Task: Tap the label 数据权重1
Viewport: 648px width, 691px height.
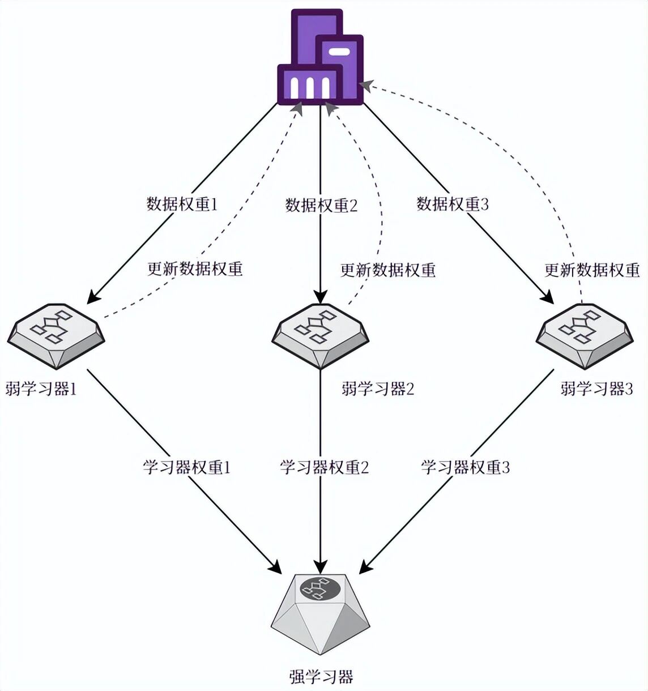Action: click(x=182, y=204)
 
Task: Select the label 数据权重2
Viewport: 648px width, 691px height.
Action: click(x=321, y=205)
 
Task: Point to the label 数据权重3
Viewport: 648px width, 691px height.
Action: click(x=453, y=204)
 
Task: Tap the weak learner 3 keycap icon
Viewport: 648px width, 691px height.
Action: click(x=585, y=335)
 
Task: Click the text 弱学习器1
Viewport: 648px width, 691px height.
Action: click(x=41, y=389)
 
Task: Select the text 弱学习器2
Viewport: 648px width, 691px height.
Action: click(x=378, y=389)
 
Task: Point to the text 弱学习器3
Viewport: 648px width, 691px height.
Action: click(x=596, y=389)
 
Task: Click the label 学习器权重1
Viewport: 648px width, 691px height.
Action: click(x=187, y=467)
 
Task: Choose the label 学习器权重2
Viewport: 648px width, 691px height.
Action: click(x=325, y=467)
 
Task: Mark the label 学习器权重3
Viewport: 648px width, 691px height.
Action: click(x=466, y=467)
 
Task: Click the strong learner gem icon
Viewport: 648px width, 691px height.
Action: click(x=321, y=612)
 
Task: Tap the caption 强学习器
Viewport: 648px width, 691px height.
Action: click(x=321, y=677)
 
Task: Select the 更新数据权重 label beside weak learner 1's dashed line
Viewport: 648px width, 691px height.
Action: click(x=195, y=268)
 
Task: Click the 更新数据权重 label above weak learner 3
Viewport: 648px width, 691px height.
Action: click(x=592, y=270)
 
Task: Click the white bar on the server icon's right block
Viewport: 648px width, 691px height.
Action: click(x=339, y=52)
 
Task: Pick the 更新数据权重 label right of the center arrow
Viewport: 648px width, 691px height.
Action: click(x=388, y=270)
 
